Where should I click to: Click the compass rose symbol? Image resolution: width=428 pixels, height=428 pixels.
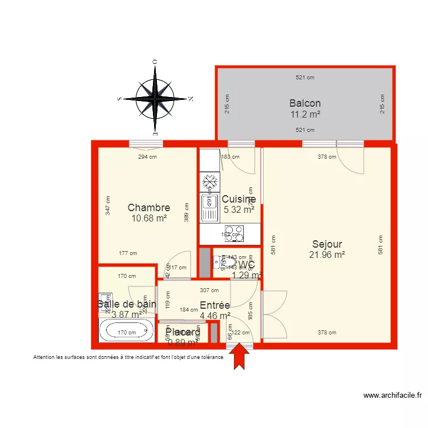[155, 99]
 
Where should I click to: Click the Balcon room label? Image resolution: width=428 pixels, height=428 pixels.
[305, 103]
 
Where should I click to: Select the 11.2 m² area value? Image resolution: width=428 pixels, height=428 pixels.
[305, 114]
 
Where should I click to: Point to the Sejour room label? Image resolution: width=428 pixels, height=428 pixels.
[327, 244]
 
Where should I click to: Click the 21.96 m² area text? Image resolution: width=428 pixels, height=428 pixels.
[327, 255]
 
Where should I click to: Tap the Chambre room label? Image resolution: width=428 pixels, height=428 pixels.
[149, 208]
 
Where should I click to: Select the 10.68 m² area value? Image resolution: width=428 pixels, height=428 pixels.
[149, 218]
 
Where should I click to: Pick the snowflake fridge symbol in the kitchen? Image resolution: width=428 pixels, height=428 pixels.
[209, 181]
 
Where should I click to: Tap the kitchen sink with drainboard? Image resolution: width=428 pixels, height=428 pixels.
[209, 208]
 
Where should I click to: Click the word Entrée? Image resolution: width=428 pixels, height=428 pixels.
[215, 305]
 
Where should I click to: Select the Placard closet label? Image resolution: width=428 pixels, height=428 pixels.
[183, 332]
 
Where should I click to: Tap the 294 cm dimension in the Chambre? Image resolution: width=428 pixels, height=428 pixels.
[148, 157]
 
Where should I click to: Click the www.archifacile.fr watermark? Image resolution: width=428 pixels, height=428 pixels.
[393, 395]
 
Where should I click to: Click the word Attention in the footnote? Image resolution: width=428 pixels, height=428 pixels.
[46, 358]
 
